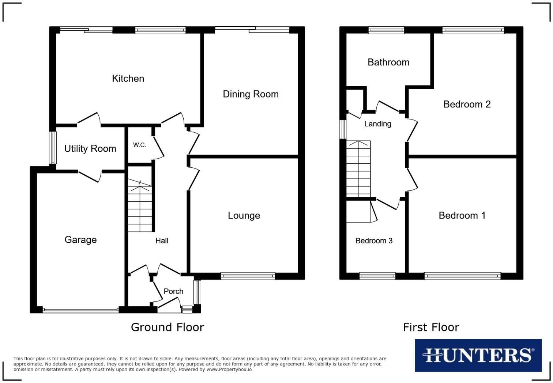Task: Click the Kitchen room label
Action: tap(128, 79)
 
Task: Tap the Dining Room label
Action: tap(251, 94)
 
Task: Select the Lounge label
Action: tap(244, 216)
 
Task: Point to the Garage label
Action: tap(80, 240)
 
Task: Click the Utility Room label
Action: tap(90, 149)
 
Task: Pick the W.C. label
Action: tap(139, 145)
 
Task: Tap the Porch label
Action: tap(173, 291)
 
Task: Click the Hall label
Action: tap(162, 240)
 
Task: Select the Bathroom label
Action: tap(388, 62)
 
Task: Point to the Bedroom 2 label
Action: tap(467, 105)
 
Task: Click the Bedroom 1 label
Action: tap(462, 216)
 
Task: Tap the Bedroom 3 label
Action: tap(374, 240)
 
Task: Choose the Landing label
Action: tap(377, 124)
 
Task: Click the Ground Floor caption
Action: tap(168, 327)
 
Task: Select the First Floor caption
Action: tap(431, 327)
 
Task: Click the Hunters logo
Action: tap(478, 355)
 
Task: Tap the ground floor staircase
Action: tap(140, 206)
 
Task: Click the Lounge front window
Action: tap(248, 276)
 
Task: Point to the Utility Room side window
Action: tap(53, 148)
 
